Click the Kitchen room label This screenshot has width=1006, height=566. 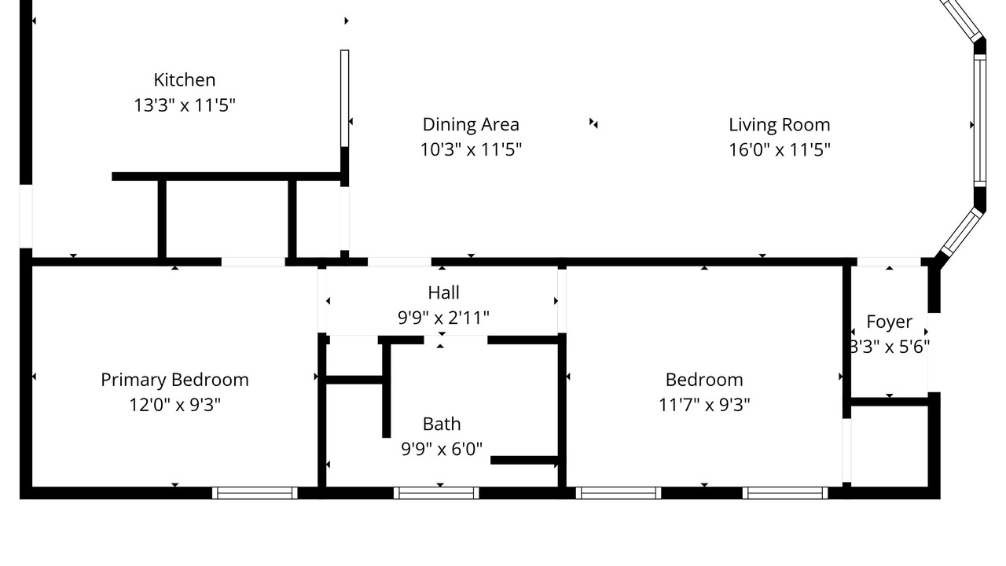coord(184,80)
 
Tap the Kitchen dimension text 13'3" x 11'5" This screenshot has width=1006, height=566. coord(185,105)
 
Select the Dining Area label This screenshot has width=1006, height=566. coord(471,124)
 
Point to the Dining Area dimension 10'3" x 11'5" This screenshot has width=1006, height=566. coord(471,149)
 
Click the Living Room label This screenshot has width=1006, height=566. coord(779,125)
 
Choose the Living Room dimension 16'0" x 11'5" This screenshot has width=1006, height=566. coord(779,149)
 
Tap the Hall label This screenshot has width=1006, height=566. coord(443,292)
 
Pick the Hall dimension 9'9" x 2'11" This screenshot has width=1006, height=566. coord(443,318)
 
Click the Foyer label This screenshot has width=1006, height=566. coord(889,322)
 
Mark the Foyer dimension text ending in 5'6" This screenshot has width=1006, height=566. coord(890,347)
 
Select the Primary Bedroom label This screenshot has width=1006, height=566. coord(174,380)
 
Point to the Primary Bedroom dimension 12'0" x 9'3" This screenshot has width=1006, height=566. coord(174,405)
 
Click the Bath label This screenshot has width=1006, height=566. coord(442,424)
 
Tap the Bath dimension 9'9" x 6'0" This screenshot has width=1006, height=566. coord(442,449)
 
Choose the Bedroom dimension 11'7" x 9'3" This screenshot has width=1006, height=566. coord(703,405)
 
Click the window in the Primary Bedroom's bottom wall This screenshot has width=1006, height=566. coord(255,493)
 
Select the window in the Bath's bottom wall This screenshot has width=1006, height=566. coord(436,493)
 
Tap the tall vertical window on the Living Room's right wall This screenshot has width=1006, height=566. coord(979,120)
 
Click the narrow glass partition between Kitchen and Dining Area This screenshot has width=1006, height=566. coord(344,98)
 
